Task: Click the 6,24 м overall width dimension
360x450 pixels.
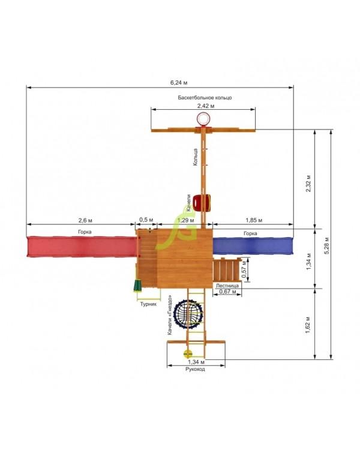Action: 179,83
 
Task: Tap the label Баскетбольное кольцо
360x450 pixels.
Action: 205,98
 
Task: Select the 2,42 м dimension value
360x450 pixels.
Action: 206,106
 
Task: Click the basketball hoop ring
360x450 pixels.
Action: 203,119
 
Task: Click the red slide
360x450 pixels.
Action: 82,246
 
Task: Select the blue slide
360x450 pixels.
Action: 253,245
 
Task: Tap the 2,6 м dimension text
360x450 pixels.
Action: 85,220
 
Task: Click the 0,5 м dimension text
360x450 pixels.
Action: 146,220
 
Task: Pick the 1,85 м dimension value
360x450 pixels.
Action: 254,220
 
